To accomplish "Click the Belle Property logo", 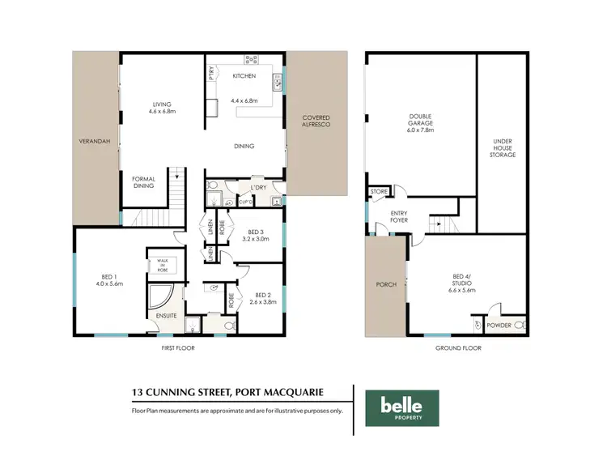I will (402, 407).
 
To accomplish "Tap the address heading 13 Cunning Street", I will (228, 393).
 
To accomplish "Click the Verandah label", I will (94, 141).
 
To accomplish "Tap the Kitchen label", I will (244, 76).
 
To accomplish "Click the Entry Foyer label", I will (399, 217).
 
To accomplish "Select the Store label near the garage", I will (379, 192).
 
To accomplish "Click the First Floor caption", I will (178, 347).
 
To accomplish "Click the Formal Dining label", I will (143, 182).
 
